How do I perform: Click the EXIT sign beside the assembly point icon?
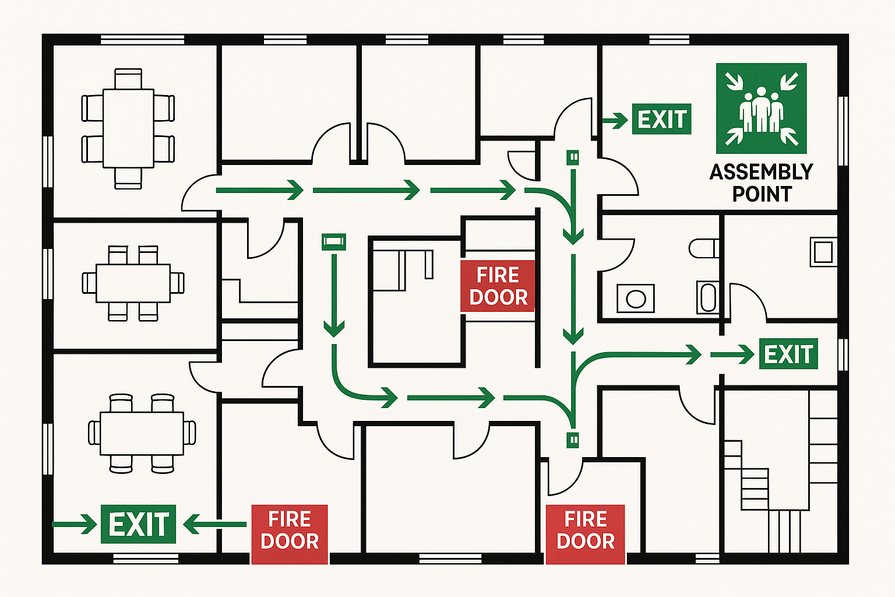(661, 120)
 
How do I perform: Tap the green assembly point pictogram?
(761, 108)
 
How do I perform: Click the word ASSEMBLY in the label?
(761, 172)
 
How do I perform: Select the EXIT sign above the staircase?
(788, 354)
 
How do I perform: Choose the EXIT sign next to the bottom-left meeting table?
(138, 524)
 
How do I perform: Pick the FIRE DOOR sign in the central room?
(498, 286)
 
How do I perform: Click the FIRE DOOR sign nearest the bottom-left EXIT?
(289, 530)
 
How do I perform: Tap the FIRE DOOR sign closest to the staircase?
(585, 530)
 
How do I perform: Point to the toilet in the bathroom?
(703, 248)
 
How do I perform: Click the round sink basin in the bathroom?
(635, 299)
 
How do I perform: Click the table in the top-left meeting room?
(128, 128)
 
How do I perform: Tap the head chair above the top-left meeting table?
(128, 79)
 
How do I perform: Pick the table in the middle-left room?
(133, 283)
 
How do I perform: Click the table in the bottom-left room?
(142, 433)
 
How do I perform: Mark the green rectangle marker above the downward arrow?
(334, 241)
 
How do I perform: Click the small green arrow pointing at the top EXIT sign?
(612, 121)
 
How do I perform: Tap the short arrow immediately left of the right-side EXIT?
(732, 354)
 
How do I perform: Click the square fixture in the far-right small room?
(823, 252)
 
